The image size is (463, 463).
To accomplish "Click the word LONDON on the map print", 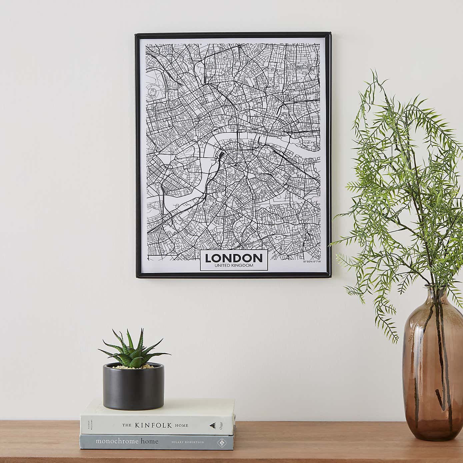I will click(x=234, y=258).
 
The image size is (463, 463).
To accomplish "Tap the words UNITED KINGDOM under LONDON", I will click(x=234, y=265).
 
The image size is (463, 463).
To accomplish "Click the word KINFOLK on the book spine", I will click(x=153, y=425).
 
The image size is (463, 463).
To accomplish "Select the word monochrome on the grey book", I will click(x=117, y=441).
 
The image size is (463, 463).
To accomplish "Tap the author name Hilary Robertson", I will click(x=188, y=442).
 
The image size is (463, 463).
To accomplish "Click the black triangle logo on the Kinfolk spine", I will click(x=212, y=425).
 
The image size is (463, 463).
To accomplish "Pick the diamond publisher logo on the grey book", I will click(x=220, y=442).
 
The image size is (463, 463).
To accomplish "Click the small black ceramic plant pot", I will click(x=133, y=388).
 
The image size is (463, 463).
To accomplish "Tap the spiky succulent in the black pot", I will click(x=133, y=348).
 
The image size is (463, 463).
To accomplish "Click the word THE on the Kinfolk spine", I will click(x=126, y=425).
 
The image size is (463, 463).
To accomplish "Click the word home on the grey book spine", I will click(x=149, y=441).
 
